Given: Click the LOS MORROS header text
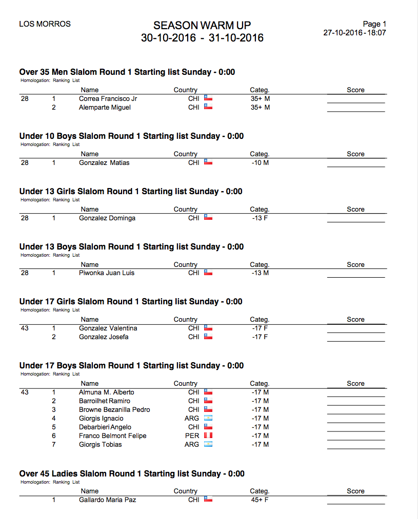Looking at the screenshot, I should coord(45,24).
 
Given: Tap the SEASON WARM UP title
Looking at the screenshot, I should coord(202,26).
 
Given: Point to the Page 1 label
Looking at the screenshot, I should coord(374,24).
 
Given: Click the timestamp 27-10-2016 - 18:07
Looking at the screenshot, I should coord(354,33).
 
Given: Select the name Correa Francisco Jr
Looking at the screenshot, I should coord(108,98).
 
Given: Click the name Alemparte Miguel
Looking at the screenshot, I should coord(105,107).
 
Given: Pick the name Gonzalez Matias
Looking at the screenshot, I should coord(104,162).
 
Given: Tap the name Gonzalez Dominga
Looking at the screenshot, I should coord(107,218).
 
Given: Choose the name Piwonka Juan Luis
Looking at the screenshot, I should coord(107,273).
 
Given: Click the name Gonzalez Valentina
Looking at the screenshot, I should coord(108,328).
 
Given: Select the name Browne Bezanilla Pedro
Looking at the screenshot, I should coord(114,409).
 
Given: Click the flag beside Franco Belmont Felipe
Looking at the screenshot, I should coord(208,435).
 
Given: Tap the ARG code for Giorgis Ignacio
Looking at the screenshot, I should coord(192,418).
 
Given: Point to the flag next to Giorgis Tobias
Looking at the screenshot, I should coord(208,444).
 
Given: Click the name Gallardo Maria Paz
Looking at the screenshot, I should coord(107,500).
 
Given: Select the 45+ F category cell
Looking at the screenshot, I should coord(260,500).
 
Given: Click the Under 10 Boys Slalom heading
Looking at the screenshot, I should coord(131,136).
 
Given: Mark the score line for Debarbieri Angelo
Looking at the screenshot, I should coord(356,431).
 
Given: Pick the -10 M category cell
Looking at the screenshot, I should coord(260,162).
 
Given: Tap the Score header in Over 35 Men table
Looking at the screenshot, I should coord(355,90).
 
